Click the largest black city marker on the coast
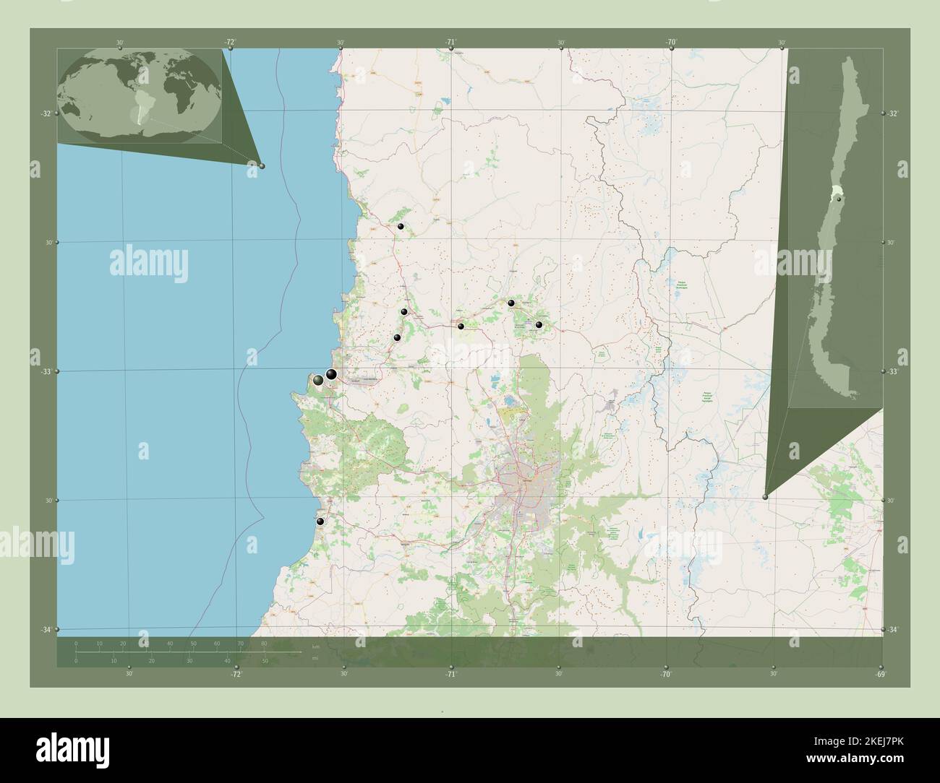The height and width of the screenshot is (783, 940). click(331, 374)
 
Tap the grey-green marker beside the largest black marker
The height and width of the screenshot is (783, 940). click(318, 380)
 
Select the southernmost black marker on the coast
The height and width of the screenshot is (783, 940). click(320, 521)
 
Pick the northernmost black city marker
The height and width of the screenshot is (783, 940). click(401, 227)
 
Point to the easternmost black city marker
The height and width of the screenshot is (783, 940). click(539, 325)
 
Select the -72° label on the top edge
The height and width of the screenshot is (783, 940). click(230, 43)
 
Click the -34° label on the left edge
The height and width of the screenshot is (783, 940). click(45, 631)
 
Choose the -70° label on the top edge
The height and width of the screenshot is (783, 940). click(671, 43)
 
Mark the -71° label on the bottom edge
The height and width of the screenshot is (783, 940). click(450, 675)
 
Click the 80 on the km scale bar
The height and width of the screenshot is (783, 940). click(264, 643)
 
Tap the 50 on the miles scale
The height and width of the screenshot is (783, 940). click(265, 661)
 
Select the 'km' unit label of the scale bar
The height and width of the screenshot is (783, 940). click(315, 646)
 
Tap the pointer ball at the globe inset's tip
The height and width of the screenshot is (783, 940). click(262, 166)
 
